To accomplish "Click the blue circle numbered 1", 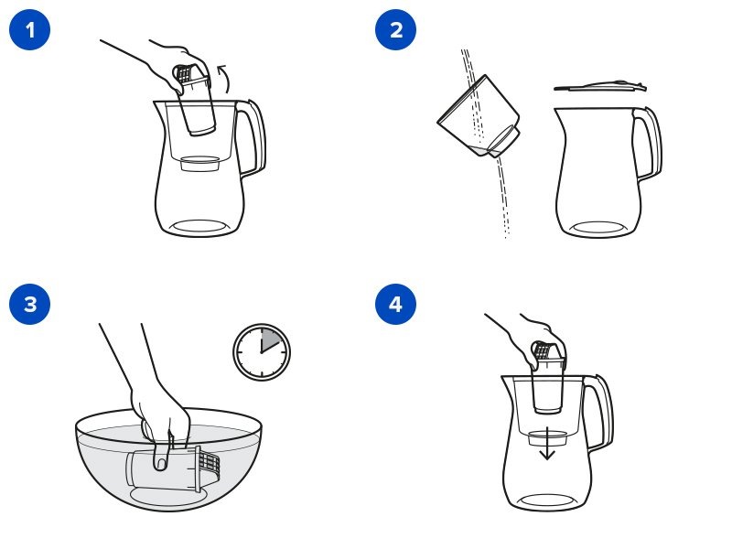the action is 29,29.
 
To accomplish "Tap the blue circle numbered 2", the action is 396,29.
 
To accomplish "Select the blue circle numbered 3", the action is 29,304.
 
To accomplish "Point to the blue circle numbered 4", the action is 396,304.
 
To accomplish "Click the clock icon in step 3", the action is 262,352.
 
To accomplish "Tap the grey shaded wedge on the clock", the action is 269,339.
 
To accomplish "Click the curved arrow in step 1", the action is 225,79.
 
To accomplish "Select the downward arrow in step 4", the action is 546,444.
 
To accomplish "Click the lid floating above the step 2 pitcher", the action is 600,86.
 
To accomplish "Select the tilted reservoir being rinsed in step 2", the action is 479,117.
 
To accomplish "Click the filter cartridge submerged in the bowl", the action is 173,468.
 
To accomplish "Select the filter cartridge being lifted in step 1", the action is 195,101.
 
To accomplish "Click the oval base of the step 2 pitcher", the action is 599,228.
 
